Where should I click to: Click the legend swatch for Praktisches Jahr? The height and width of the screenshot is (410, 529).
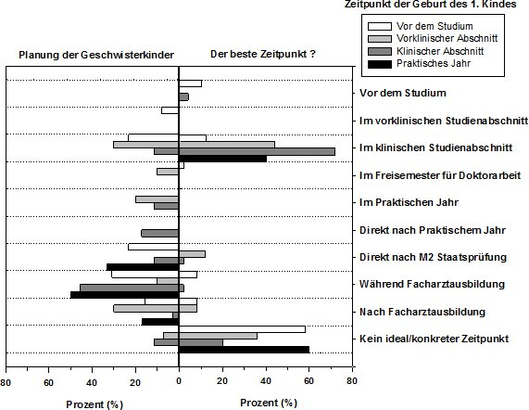point(380,64)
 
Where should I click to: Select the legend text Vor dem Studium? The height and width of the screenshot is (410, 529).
point(435,26)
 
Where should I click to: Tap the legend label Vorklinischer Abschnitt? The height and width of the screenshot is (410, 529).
point(447,38)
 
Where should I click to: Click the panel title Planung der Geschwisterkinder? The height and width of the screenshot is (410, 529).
point(96,55)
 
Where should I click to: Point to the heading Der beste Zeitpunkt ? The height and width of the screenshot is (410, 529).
point(263,54)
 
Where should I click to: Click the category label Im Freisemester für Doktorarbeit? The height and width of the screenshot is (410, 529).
point(440,175)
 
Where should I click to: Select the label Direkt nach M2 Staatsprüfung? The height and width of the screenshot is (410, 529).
point(433,257)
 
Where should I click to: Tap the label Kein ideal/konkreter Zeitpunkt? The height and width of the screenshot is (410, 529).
point(434,339)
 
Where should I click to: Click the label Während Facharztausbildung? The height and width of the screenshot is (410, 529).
point(432,284)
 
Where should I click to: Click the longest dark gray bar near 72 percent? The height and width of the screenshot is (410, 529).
point(257,151)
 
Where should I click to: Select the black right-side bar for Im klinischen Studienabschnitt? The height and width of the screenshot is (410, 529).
point(222,159)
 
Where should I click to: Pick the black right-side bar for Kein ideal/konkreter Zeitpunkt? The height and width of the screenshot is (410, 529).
point(244,350)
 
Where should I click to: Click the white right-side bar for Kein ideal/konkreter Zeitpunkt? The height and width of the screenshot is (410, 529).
point(242,329)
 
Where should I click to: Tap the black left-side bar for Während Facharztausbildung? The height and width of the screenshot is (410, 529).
point(124,295)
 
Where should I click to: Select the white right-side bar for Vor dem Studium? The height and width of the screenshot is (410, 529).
point(190,83)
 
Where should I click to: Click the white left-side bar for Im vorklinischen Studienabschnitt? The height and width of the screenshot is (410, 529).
point(170,110)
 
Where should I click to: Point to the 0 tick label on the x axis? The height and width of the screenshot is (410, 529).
point(179,381)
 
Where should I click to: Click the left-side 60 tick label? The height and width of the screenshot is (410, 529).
point(48,382)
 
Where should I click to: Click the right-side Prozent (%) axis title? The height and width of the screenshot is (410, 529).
point(269,403)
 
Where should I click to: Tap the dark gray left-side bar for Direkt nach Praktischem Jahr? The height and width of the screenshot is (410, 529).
point(159,234)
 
